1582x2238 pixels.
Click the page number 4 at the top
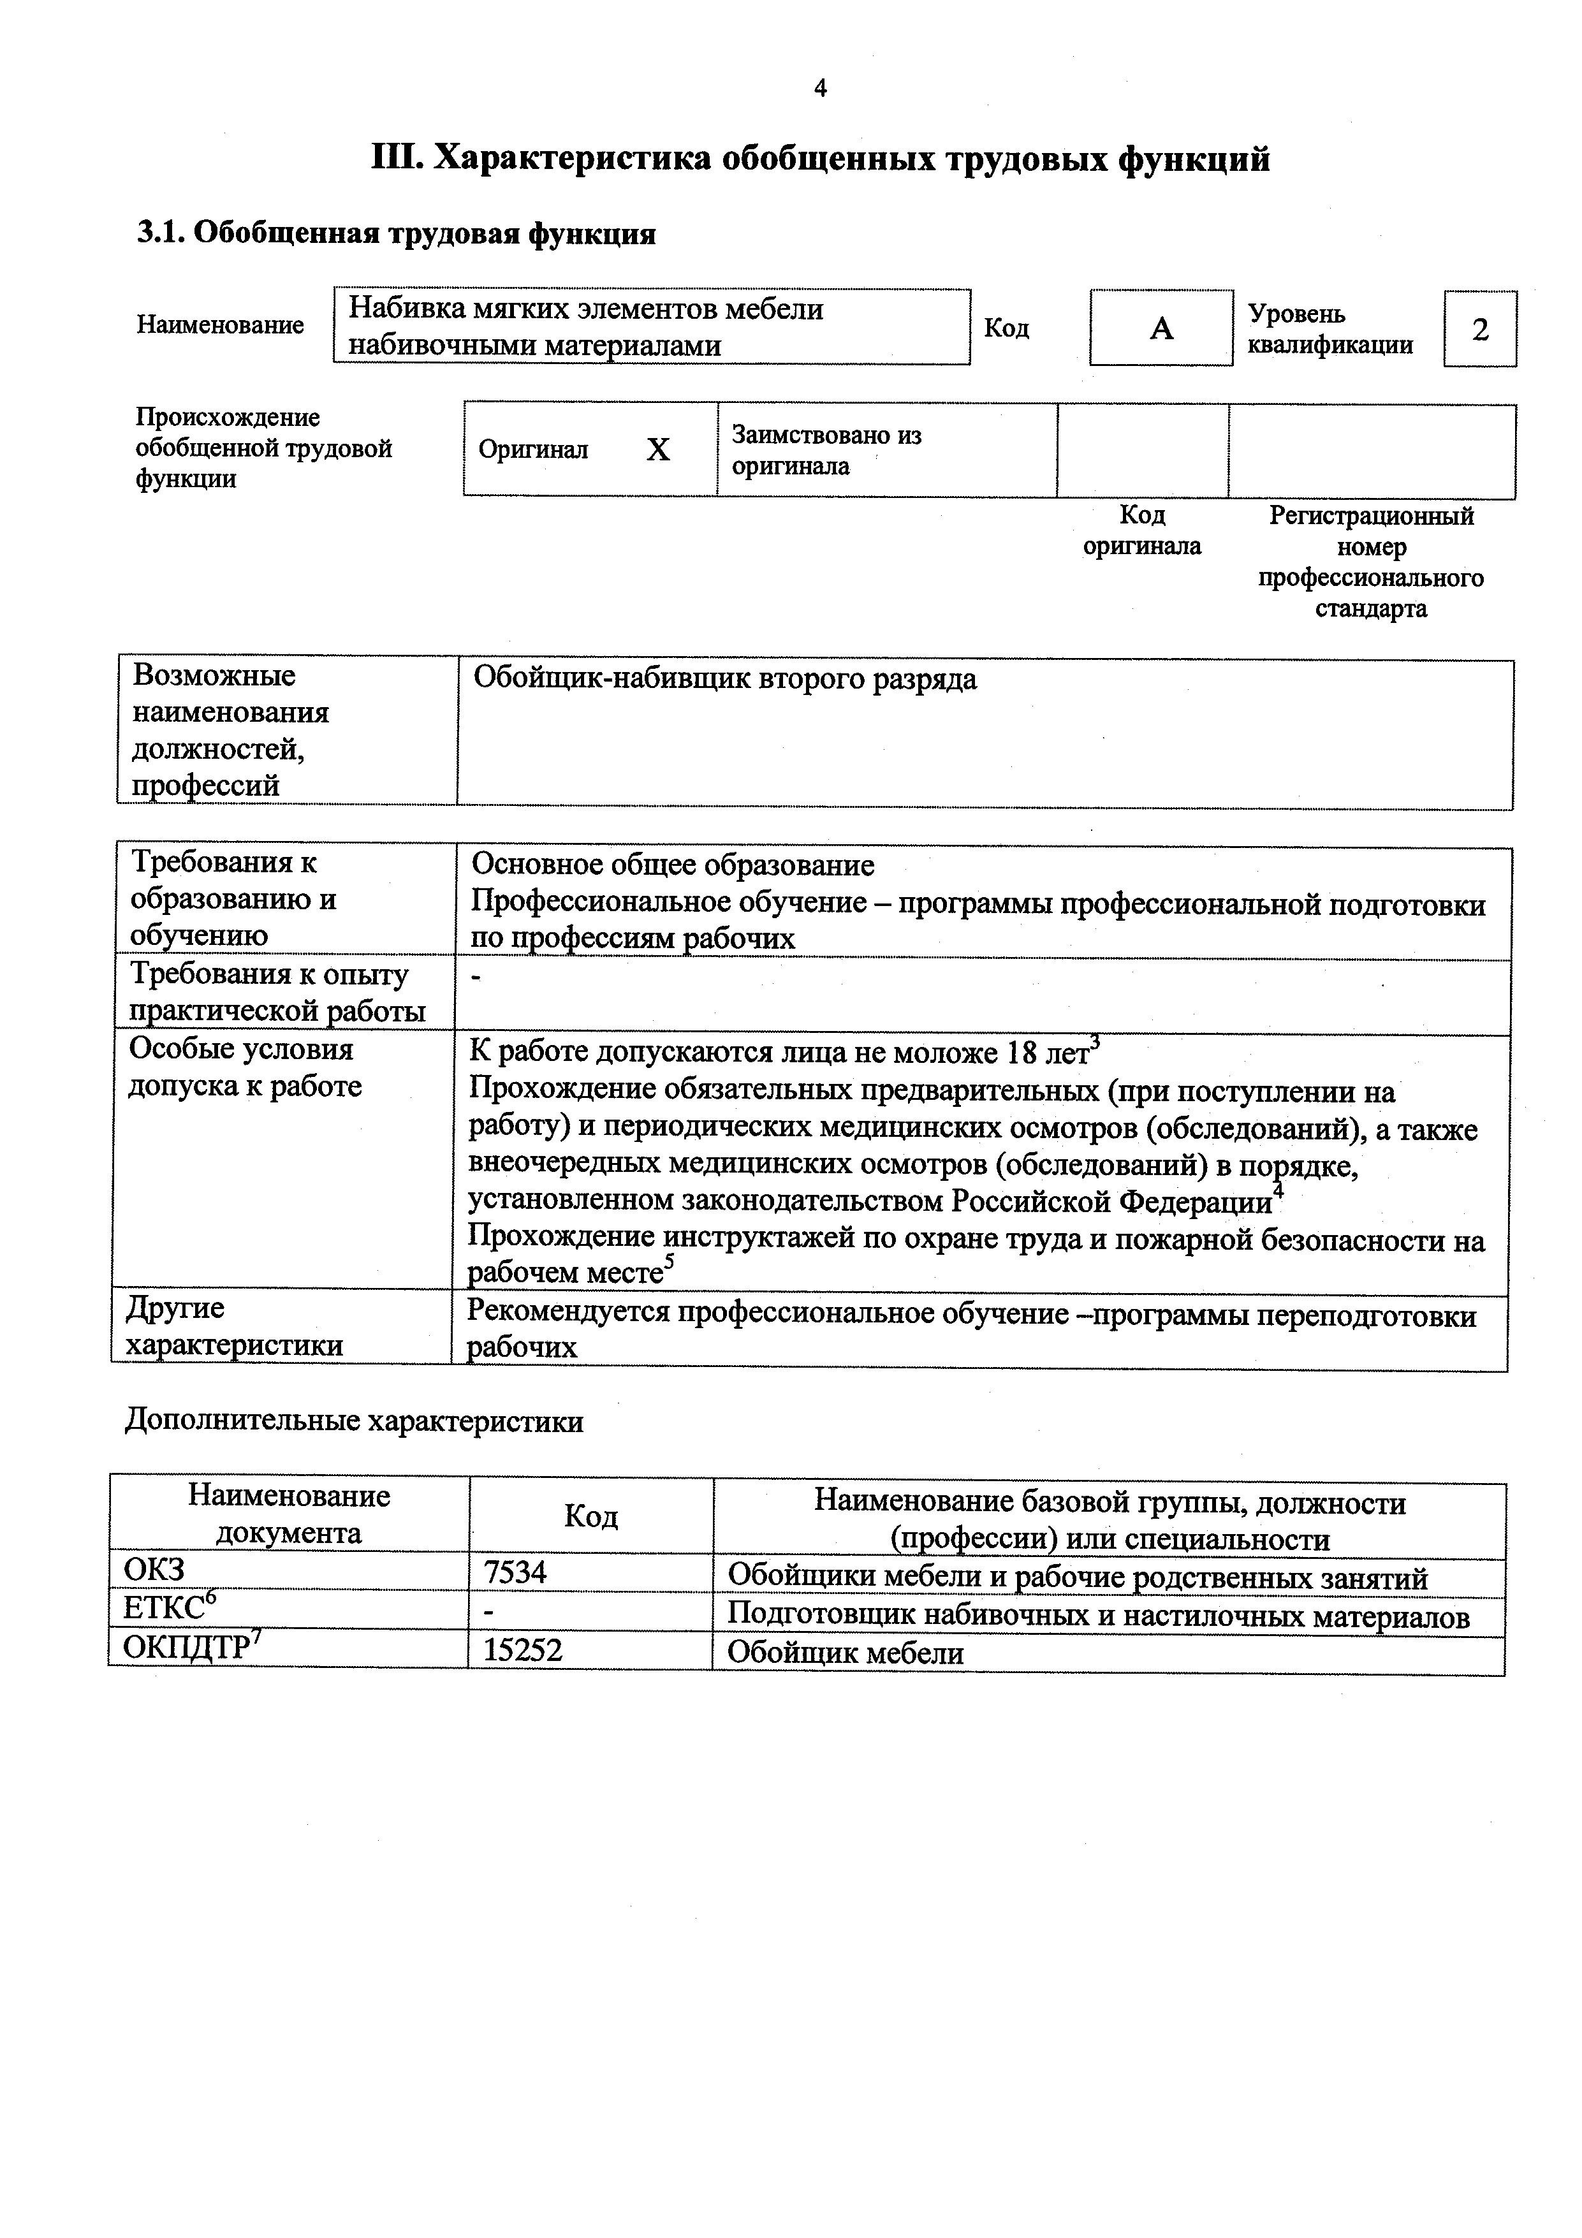click(820, 89)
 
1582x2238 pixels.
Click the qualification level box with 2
click(1479, 330)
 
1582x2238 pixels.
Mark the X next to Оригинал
click(658, 450)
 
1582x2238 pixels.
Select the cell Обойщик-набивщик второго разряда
click(724, 680)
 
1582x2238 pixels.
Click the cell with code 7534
click(516, 1571)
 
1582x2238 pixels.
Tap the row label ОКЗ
click(154, 1569)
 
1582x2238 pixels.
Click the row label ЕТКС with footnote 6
click(168, 1607)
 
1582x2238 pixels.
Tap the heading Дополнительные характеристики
click(354, 1421)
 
